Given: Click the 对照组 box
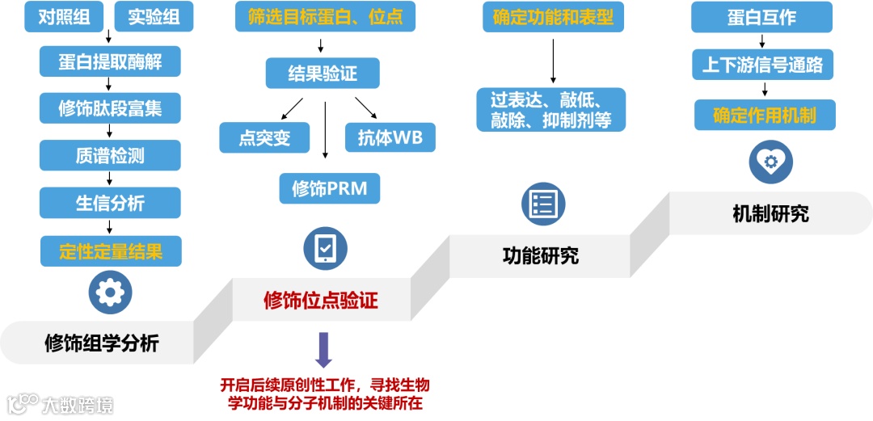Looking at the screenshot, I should point(64,16).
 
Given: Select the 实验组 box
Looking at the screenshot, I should point(154,16).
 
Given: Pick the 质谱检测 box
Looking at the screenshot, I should point(110,155).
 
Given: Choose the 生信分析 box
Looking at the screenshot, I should point(110,202).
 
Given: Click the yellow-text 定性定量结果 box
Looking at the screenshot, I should point(110,250).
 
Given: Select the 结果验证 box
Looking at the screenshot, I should point(323,74).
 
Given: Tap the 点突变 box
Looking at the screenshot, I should point(264,137).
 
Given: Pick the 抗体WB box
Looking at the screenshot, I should point(390,137).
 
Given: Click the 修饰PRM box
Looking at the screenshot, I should point(329,188).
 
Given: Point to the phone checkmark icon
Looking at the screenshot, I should point(326,248).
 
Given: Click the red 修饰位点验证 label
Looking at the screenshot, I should point(321,301).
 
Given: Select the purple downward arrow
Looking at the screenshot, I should point(324,349).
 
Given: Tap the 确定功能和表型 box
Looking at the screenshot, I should point(553,17).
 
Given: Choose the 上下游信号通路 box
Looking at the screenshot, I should point(762,65).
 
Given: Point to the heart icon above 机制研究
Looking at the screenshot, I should point(770,162).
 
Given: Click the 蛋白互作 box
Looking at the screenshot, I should point(761,17).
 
